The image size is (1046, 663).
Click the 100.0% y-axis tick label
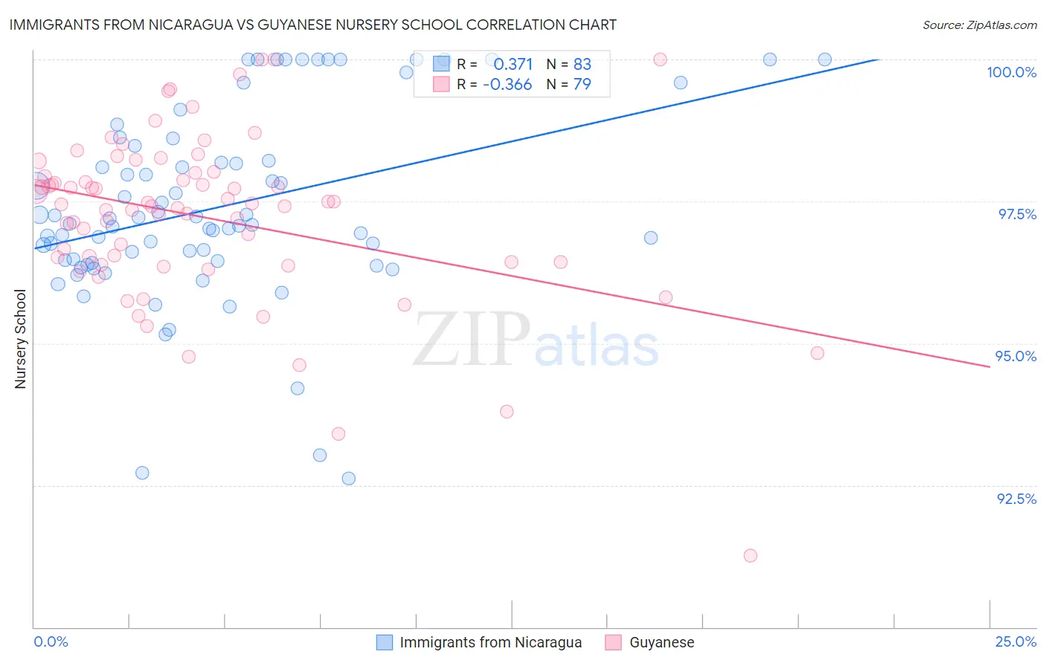[1011, 72]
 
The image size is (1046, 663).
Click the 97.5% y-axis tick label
[1016, 214]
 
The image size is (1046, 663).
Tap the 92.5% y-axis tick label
[1016, 499]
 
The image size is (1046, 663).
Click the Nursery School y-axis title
[21, 339]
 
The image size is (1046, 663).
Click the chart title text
[312, 25]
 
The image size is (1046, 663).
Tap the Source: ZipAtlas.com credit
[979, 25]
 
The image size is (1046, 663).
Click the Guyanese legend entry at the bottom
[661, 642]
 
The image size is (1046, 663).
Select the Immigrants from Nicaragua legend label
[490, 642]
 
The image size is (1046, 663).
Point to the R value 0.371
[513, 64]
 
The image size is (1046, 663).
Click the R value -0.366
[507, 85]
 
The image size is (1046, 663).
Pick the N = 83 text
[569, 64]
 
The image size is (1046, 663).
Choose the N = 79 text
[569, 85]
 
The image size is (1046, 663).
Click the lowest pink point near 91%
[750, 556]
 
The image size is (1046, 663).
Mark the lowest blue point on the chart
[348, 479]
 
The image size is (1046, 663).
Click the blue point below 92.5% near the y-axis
[142, 473]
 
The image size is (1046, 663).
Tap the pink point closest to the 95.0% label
[818, 353]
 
